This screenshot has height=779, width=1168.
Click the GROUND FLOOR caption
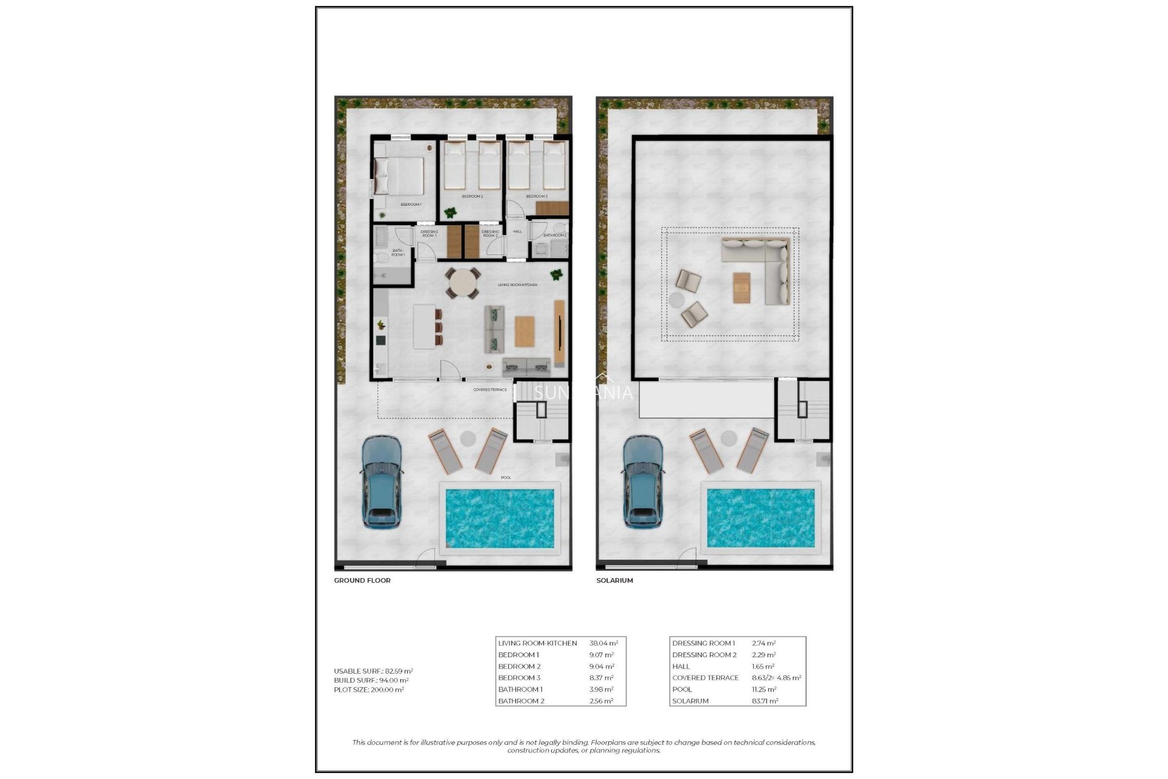pos(362,581)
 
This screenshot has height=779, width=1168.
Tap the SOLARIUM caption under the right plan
pos(614,581)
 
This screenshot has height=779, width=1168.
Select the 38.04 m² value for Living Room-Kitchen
pos(603,643)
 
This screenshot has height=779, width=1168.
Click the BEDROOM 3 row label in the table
pos(519,678)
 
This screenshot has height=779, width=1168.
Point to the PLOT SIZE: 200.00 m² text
pos(369,690)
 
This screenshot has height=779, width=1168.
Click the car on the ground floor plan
pos(381,481)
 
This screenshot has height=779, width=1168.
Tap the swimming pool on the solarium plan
pos(760,518)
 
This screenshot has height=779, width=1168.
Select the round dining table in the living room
pos(462,284)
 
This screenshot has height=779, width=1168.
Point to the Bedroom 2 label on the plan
pos(472,197)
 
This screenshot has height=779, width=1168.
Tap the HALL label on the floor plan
pos(517,232)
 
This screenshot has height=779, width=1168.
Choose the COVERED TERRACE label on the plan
pos(490,390)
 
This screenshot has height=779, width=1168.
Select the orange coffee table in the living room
pos(524,331)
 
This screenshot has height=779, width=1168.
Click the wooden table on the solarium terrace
pos(742,288)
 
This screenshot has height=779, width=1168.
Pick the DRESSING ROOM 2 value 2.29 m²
pos(763,655)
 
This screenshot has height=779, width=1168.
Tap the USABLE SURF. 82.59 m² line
pos(373,671)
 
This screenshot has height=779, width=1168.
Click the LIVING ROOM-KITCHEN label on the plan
pos(517,285)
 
